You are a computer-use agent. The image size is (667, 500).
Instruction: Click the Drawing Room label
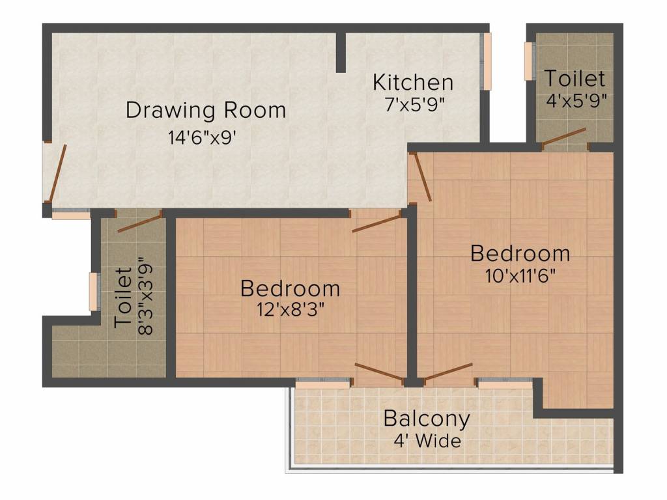pos(206,110)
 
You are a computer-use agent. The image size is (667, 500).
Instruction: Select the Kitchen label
pos(413,83)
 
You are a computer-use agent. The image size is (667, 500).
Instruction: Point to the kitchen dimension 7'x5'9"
pos(413,104)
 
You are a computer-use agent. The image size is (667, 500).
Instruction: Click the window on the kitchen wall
pos(487,62)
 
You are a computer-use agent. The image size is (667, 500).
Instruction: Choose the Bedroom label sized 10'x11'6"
pos(520,253)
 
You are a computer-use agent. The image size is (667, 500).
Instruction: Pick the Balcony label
pos(427,418)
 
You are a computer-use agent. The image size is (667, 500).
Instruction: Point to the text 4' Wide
pos(427,441)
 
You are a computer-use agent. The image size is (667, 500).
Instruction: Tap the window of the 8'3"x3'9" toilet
pos(94,292)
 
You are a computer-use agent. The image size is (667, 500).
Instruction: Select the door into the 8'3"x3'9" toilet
pos(139,222)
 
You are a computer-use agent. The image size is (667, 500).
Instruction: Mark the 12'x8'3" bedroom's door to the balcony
pos(380,372)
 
